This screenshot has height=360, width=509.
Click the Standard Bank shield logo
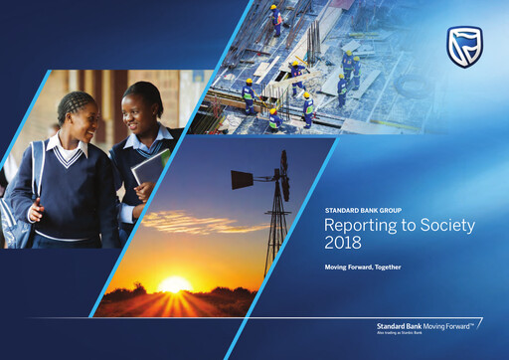click(464, 47)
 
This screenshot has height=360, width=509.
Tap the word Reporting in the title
click(359, 226)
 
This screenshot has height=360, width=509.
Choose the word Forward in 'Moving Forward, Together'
click(355, 268)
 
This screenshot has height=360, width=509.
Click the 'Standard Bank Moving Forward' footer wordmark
click(427, 324)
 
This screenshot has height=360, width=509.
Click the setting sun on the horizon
click(175, 285)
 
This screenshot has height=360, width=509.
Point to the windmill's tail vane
click(243, 179)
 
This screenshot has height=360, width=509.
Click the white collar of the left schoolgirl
click(68, 152)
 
